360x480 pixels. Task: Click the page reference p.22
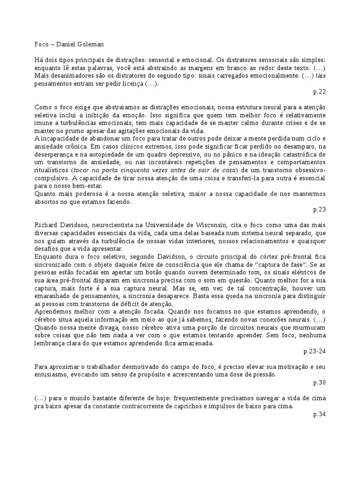[x=320, y=91]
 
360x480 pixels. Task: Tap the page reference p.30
[x=320, y=382]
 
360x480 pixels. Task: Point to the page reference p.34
[x=320, y=414]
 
